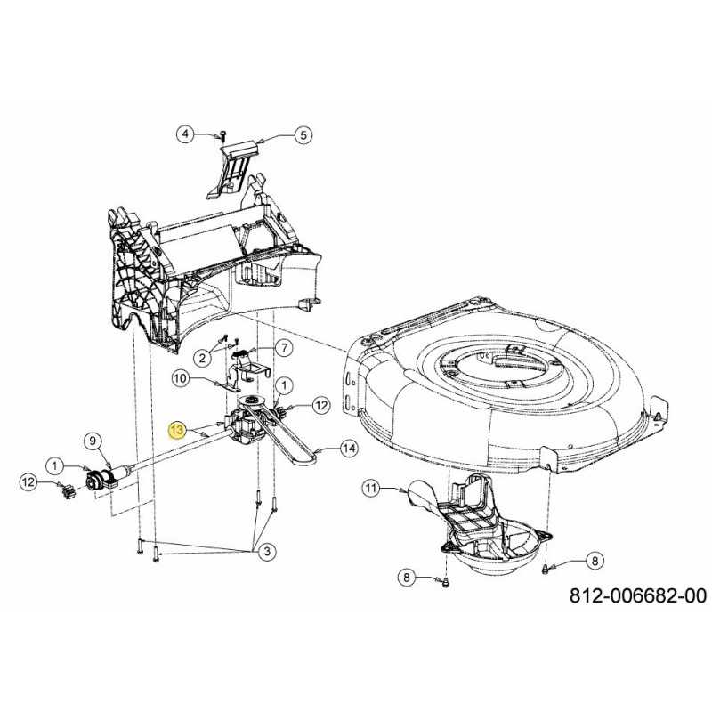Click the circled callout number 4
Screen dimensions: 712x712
pyautogui.click(x=185, y=134)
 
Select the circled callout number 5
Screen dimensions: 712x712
pyautogui.click(x=303, y=135)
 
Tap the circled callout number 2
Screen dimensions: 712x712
pyautogui.click(x=203, y=358)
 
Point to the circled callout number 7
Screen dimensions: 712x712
pyautogui.click(x=284, y=348)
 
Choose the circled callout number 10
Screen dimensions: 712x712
pyautogui.click(x=181, y=377)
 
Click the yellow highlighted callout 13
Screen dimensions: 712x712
pyautogui.click(x=177, y=430)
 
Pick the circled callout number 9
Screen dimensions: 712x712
pyautogui.click(x=93, y=440)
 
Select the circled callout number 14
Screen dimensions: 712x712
pyautogui.click(x=349, y=449)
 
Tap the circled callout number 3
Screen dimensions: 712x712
pyautogui.click(x=267, y=551)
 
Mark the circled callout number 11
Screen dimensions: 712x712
pyautogui.click(x=371, y=489)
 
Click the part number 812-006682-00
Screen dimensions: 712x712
pyautogui.click(x=638, y=595)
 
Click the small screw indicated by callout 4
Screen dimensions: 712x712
pyautogui.click(x=222, y=135)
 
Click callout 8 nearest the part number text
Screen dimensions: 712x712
pyautogui.click(x=595, y=561)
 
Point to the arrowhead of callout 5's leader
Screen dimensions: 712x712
pyautogui.click(x=258, y=142)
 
